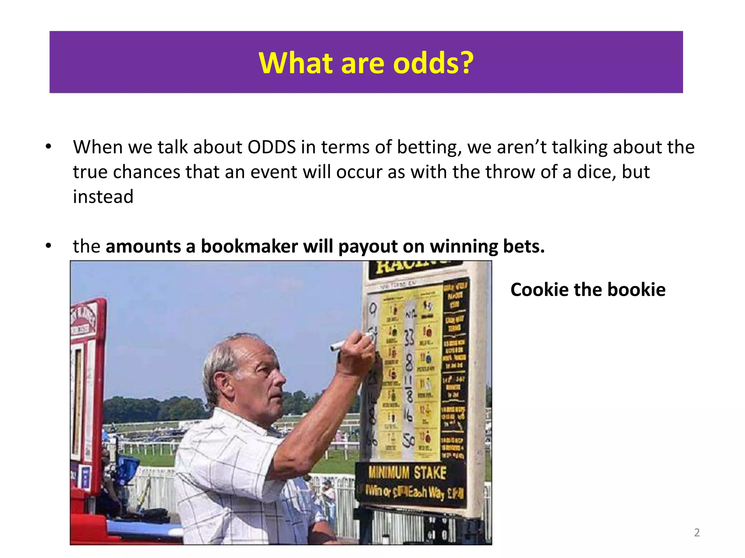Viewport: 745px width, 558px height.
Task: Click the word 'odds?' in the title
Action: (x=434, y=63)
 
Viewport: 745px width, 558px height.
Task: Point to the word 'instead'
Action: (x=103, y=197)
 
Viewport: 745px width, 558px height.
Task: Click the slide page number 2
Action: (x=697, y=533)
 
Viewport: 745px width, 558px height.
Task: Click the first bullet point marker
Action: (x=49, y=147)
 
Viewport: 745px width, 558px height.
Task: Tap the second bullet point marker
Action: (x=49, y=246)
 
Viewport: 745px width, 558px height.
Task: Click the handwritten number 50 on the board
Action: (x=409, y=441)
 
